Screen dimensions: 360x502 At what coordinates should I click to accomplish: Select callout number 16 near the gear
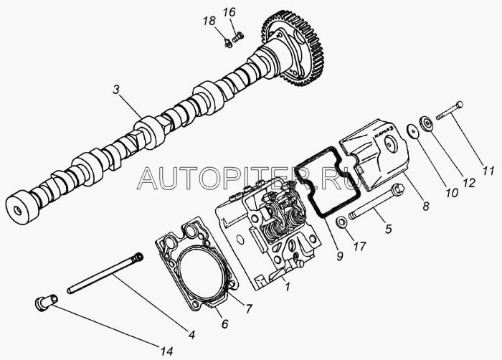(x=229, y=12)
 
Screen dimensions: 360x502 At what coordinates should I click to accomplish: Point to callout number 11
(x=488, y=171)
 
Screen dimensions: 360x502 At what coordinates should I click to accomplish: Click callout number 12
(x=468, y=184)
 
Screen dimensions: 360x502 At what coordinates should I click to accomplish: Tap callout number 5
(x=388, y=229)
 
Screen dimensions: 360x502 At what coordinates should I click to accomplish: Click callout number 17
(x=360, y=247)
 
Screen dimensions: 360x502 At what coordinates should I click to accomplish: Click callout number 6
(x=224, y=324)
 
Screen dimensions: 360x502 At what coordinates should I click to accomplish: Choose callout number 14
(x=166, y=350)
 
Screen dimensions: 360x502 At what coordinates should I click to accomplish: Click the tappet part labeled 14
(x=46, y=303)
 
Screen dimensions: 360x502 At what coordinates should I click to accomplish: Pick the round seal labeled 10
(x=413, y=132)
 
